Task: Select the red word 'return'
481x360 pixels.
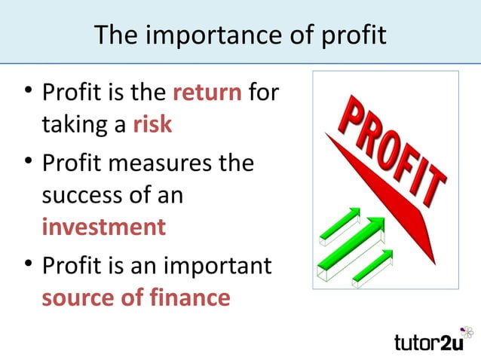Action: click(207, 94)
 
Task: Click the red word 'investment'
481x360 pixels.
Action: click(103, 227)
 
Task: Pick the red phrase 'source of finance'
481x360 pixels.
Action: click(136, 297)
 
